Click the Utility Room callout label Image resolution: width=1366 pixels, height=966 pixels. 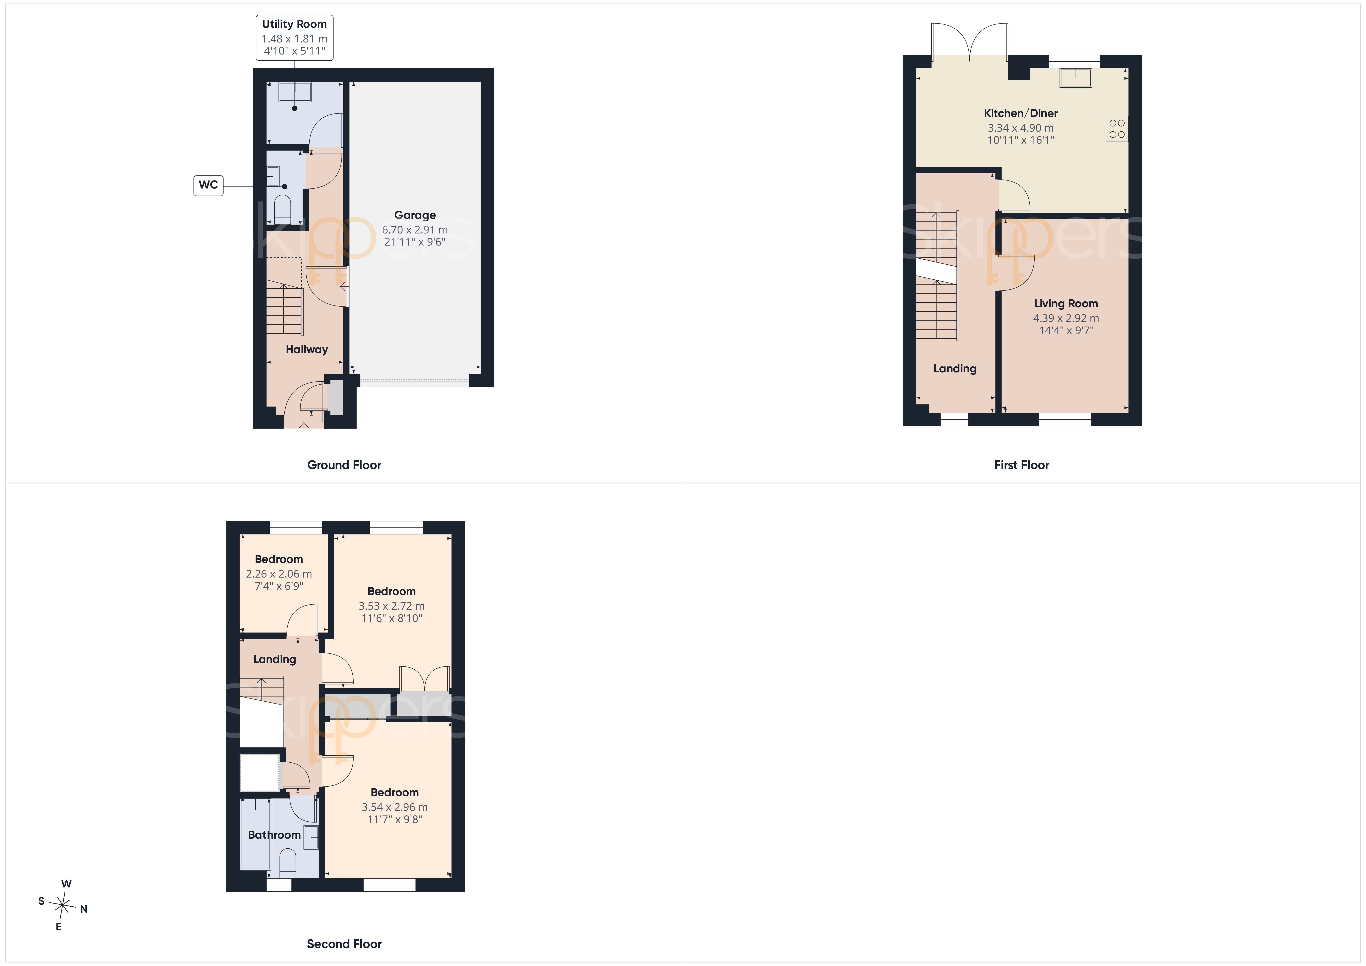[295, 38]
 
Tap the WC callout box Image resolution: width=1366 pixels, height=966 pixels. [208, 185]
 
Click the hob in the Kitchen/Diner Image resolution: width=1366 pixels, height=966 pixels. [1117, 129]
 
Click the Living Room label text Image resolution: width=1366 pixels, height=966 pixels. [1066, 304]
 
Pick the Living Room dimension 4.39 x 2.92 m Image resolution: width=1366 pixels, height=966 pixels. [1066, 318]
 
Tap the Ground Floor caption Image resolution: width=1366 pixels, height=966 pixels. [344, 465]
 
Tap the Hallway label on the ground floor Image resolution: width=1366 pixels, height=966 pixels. [306, 349]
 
